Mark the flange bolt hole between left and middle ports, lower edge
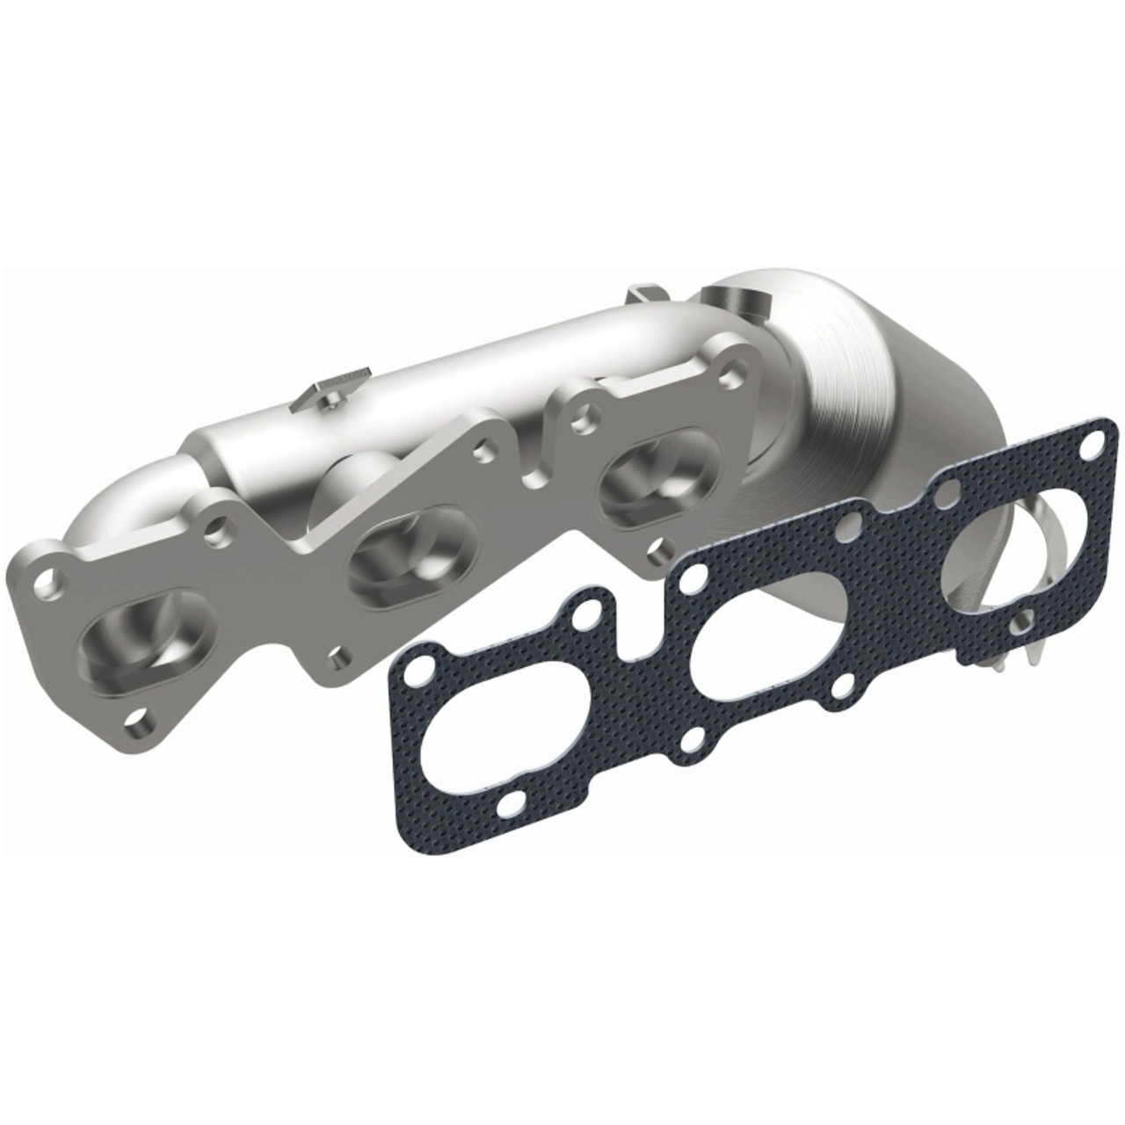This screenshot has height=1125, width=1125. click(338, 656)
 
